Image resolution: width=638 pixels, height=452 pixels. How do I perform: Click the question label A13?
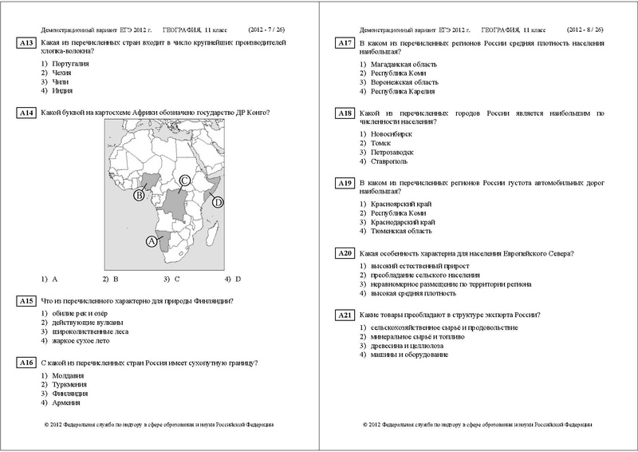point(26,42)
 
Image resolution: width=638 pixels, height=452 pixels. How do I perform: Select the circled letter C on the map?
point(184,180)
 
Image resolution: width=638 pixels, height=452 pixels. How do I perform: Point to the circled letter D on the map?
point(217,203)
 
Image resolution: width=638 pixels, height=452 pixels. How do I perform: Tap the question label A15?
point(26,301)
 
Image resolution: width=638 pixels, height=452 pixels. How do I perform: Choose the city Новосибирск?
point(392,134)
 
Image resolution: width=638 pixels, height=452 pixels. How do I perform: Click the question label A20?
point(344,254)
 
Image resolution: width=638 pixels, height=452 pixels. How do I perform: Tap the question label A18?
point(344,114)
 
